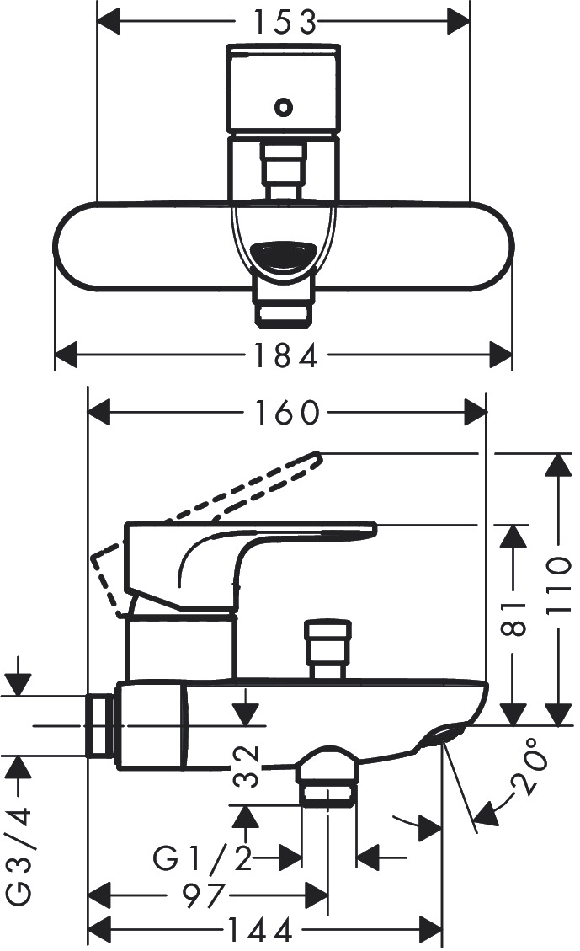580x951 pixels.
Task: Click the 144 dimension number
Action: (261, 930)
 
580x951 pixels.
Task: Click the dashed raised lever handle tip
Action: (313, 459)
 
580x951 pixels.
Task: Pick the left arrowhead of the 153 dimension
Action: (109, 23)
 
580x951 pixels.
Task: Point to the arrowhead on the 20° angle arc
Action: (484, 814)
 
